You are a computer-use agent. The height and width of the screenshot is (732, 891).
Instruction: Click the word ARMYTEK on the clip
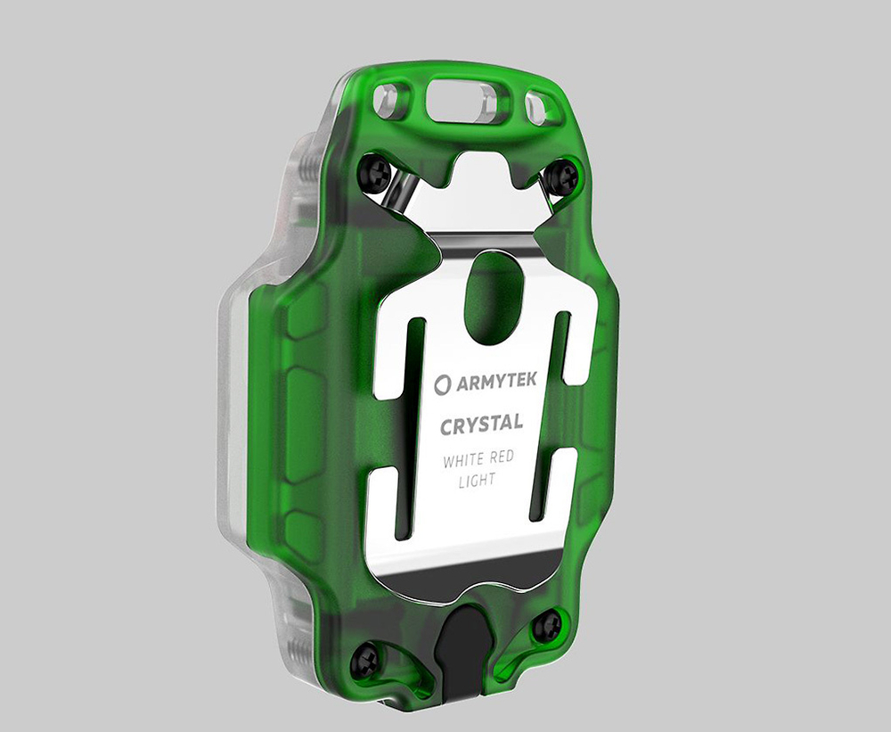point(495,382)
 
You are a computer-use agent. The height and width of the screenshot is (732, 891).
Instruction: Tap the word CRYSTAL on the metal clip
point(481,424)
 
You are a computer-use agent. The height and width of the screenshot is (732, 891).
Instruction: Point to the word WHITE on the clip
point(462,460)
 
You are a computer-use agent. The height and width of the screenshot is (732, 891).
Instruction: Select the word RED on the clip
point(501,456)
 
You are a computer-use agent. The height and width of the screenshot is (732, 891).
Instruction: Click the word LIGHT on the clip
point(477,481)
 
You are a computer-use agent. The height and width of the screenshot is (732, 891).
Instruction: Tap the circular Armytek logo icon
point(442,385)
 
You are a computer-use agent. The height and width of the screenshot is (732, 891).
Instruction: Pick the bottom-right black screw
point(547,623)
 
